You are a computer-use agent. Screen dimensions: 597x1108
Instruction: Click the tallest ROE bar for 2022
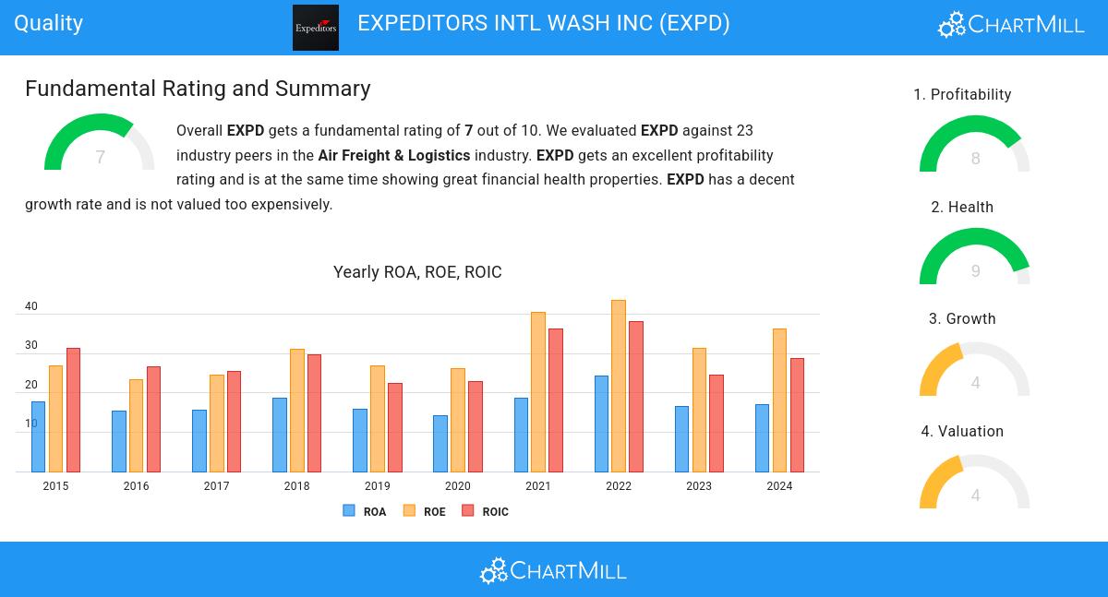coord(619,386)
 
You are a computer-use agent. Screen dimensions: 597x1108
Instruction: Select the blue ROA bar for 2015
coord(38,436)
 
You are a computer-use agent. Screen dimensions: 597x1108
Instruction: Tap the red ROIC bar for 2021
coord(556,400)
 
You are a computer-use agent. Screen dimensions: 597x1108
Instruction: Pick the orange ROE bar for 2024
coord(779,400)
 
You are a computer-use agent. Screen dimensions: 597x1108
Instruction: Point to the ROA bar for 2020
coord(440,444)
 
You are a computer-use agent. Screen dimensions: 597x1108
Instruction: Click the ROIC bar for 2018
coord(314,413)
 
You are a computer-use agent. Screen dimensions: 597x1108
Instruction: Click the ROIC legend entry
coord(485,511)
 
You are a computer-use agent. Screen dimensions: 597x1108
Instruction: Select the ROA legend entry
coord(365,511)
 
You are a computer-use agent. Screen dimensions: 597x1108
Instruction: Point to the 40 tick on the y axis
coord(31,306)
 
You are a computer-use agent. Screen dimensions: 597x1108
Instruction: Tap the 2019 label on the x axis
coord(377,486)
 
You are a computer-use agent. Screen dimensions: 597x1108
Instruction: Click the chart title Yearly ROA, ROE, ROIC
coord(417,272)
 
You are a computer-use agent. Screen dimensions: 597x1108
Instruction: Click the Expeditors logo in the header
coord(316,28)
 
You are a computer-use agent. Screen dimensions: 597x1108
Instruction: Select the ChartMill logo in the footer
coord(553,570)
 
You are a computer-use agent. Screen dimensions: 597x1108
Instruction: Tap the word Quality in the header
coord(49,23)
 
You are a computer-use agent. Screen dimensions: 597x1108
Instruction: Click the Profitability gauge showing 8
coord(974,146)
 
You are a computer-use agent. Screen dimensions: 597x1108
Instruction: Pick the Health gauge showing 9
coord(974,258)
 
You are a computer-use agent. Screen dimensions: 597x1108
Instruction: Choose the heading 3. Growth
coord(962,319)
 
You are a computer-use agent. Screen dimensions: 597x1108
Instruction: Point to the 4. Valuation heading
coord(962,432)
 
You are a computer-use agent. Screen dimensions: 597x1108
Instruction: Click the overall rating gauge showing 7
coord(100,145)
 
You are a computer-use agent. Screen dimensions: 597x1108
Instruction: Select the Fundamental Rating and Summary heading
coord(198,89)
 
